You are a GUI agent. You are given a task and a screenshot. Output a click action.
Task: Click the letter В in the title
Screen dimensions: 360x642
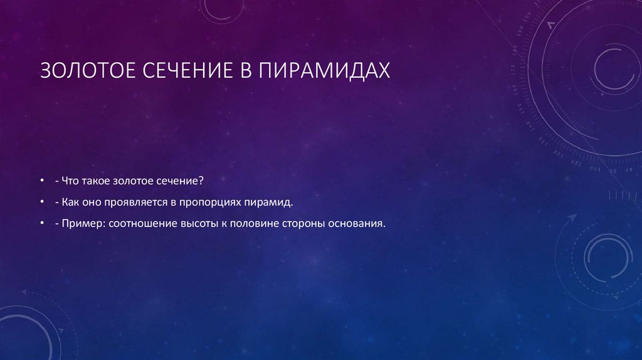(x=245, y=70)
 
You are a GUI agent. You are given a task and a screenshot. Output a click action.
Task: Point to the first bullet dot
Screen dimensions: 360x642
(x=41, y=181)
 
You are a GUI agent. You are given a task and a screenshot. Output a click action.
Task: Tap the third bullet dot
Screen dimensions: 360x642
(x=41, y=223)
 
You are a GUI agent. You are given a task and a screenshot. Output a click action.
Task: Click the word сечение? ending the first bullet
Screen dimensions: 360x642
(x=182, y=181)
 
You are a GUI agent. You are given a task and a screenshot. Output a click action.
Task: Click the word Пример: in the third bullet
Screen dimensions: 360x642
(x=82, y=223)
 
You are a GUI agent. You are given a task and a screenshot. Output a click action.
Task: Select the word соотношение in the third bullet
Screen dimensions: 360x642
(x=142, y=223)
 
